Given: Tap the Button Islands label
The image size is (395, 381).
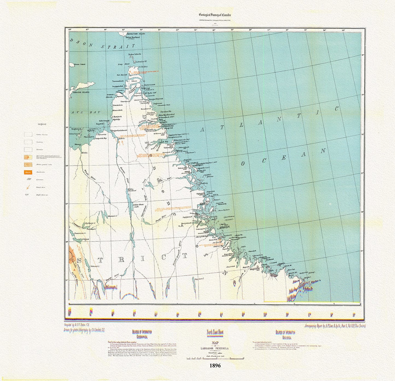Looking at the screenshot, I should click(135, 54).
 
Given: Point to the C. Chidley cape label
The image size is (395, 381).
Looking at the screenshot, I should click(143, 67).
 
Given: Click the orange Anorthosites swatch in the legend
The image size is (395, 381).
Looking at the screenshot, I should click(28, 172).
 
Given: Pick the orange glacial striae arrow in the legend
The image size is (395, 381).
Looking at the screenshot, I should click(28, 187).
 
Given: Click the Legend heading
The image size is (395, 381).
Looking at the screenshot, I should click(42, 124).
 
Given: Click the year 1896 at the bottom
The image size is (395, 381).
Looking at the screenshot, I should click(215, 365).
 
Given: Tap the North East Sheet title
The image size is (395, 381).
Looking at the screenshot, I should click(215, 332).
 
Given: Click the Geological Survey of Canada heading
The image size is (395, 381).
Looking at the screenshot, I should click(215, 15).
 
